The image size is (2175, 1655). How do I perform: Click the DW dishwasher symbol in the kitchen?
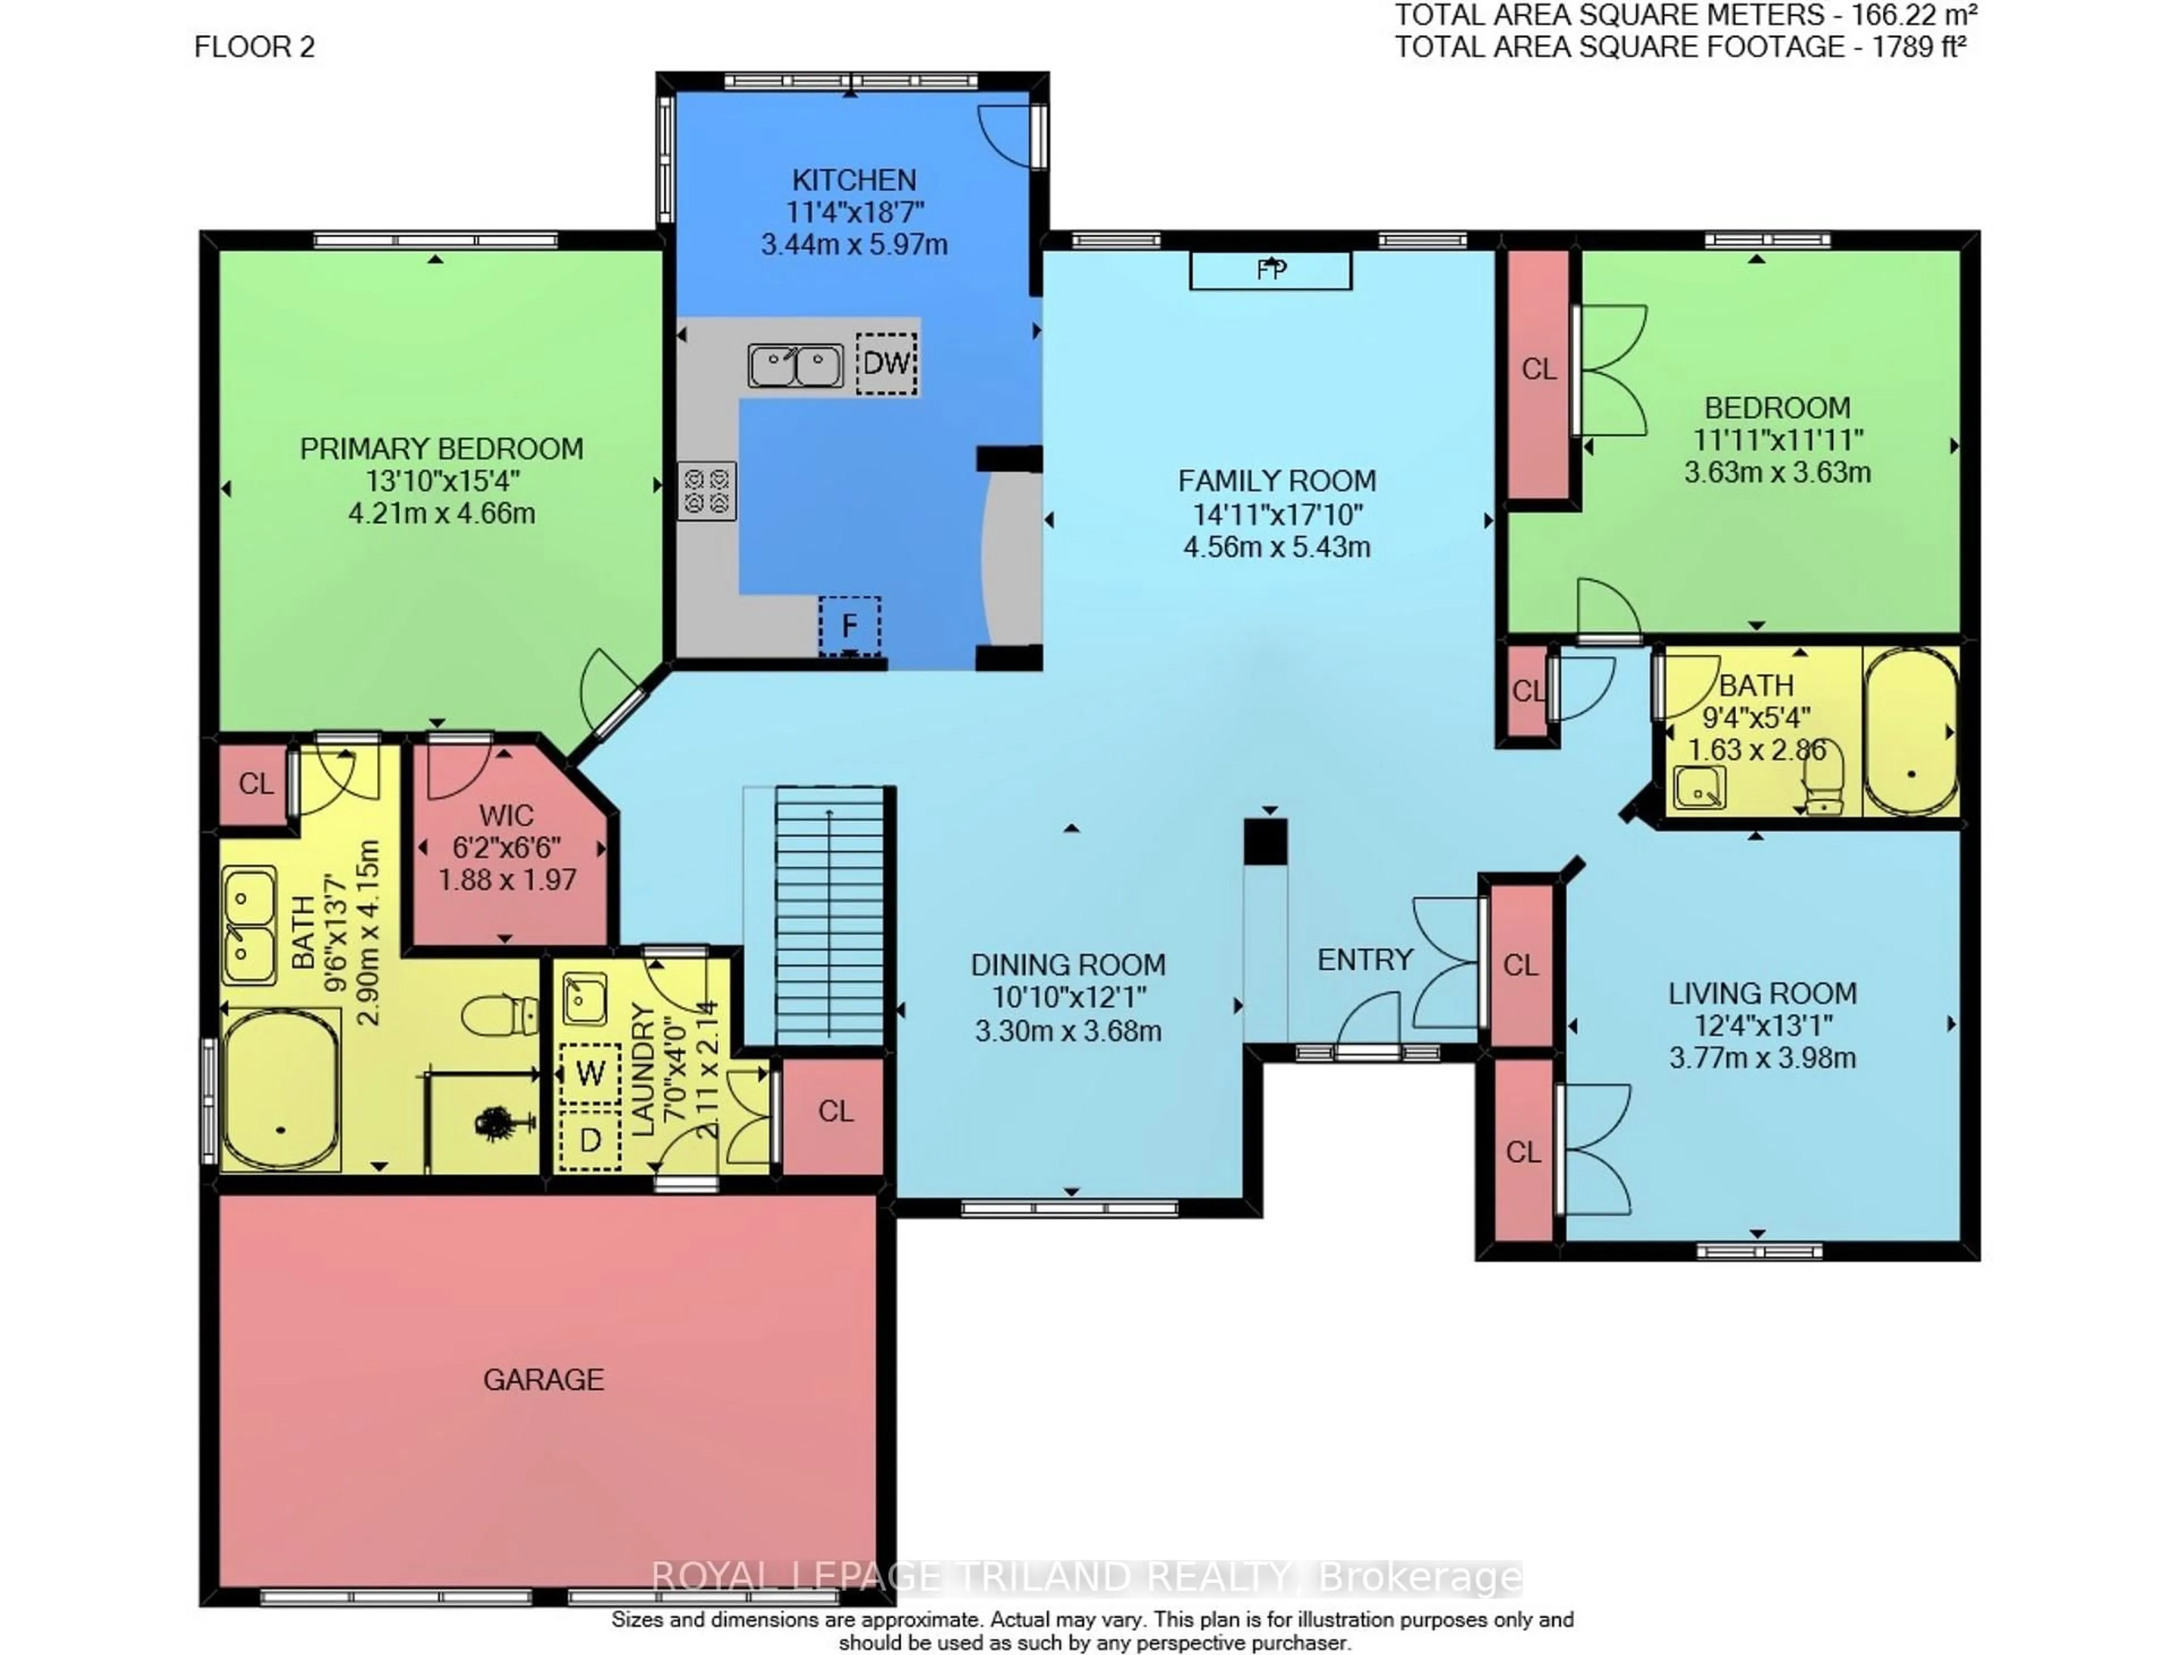(x=885, y=364)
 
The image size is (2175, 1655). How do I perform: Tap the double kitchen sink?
(x=795, y=365)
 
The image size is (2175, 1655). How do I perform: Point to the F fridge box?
(x=849, y=625)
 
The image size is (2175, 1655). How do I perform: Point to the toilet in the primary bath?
(x=500, y=1014)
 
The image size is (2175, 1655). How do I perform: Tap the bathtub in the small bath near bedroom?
(x=1910, y=732)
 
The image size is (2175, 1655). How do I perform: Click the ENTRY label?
(x=1364, y=959)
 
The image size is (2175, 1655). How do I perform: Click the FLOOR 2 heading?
(x=254, y=46)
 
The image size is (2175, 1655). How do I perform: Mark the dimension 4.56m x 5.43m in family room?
(x=1277, y=547)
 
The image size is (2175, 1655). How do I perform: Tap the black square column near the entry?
(x=1265, y=842)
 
